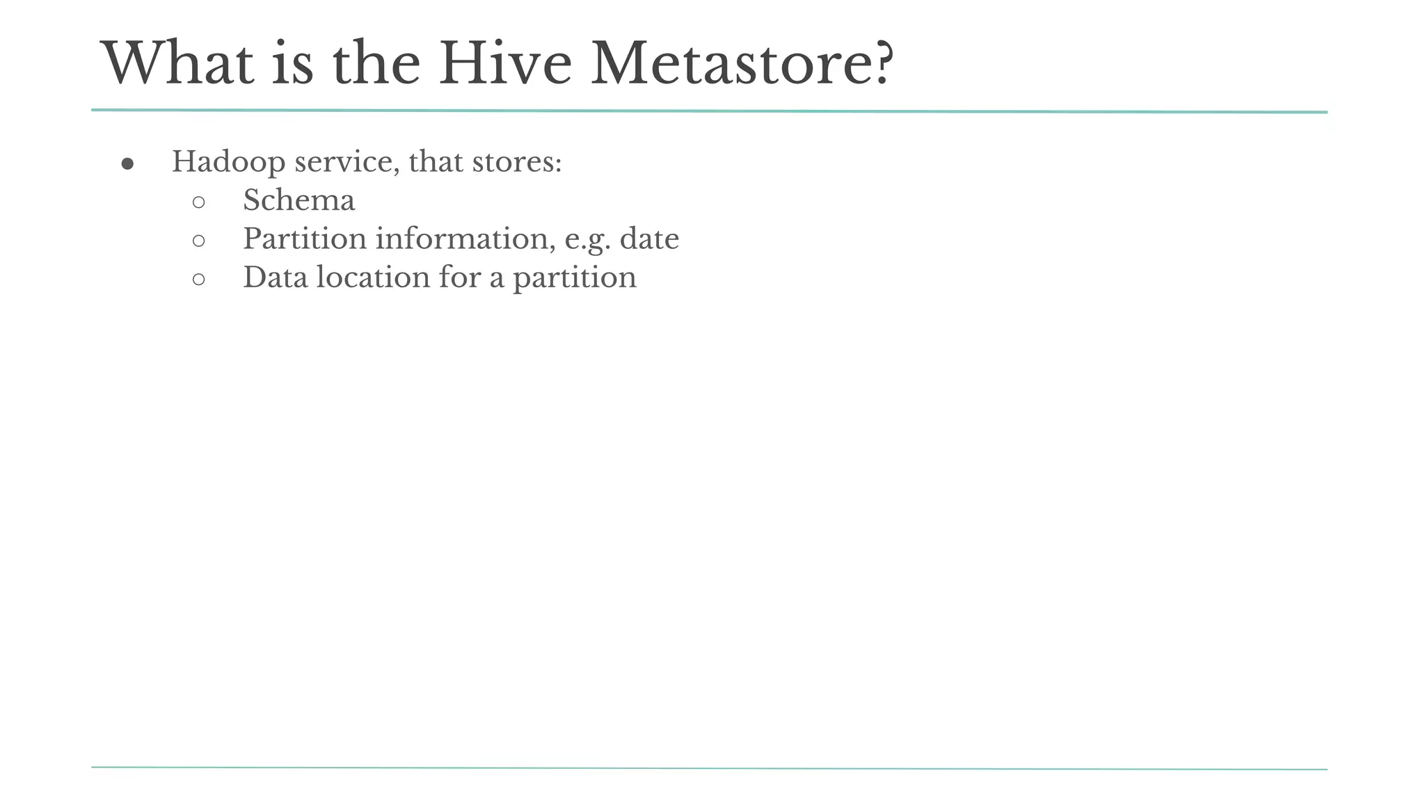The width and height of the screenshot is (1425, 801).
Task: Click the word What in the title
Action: coord(178,63)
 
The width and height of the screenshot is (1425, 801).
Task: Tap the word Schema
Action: coord(298,201)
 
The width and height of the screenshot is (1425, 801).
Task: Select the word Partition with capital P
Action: coord(305,239)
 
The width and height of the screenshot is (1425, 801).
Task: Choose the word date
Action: coord(649,239)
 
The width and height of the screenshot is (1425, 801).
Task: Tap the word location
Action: coord(373,277)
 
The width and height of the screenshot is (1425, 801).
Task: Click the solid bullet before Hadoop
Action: coord(127,164)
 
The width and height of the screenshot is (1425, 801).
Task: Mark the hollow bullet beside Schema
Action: coord(198,202)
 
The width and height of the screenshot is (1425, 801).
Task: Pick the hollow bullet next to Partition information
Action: coord(198,241)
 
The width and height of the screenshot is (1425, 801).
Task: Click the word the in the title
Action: coord(376,63)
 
